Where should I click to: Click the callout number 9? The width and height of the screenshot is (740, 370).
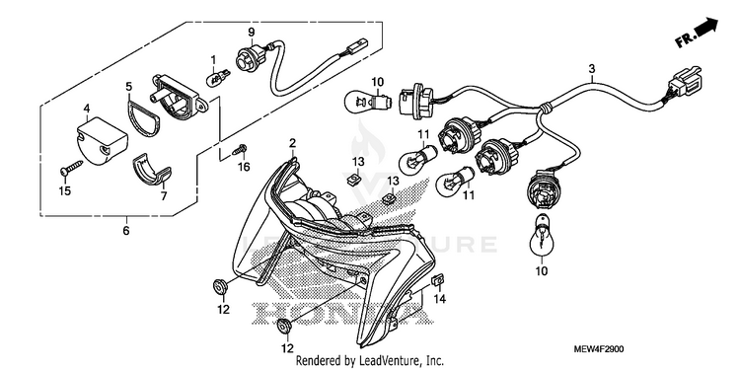251,33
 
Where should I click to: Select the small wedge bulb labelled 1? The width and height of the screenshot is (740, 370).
218,77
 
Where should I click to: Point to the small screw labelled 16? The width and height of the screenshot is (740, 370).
240,151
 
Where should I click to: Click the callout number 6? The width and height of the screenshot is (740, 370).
126,232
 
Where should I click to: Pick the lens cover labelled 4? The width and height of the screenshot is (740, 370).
103,140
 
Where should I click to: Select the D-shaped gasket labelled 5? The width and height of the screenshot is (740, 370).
143,117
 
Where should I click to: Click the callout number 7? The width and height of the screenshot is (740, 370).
164,196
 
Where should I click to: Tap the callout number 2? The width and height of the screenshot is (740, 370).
293,142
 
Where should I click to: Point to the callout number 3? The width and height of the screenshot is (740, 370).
592,69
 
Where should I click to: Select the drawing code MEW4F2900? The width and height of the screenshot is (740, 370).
599,349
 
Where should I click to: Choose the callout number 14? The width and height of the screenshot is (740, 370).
440,299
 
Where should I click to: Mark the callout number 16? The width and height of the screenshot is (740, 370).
244,167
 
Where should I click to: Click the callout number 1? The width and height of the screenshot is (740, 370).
213,59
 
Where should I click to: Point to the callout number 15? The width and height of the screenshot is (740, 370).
64,190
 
